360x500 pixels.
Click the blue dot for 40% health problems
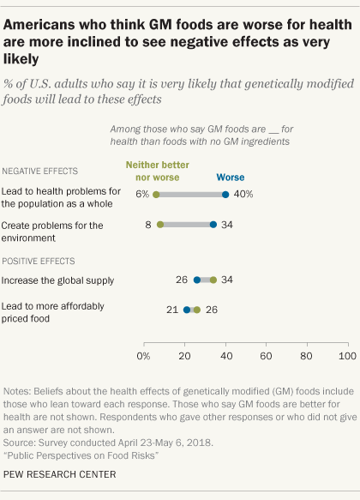[225, 195]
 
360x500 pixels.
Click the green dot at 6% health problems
[156, 195]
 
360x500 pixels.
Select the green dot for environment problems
[160, 226]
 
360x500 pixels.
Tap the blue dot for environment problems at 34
[213, 226]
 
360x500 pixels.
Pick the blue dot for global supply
[197, 280]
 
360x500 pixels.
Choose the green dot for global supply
[213, 280]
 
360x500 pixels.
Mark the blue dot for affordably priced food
[187, 310]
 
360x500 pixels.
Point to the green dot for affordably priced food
[197, 310]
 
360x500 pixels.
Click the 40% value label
[243, 195]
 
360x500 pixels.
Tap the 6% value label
[142, 195]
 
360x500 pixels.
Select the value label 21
[172, 310]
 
